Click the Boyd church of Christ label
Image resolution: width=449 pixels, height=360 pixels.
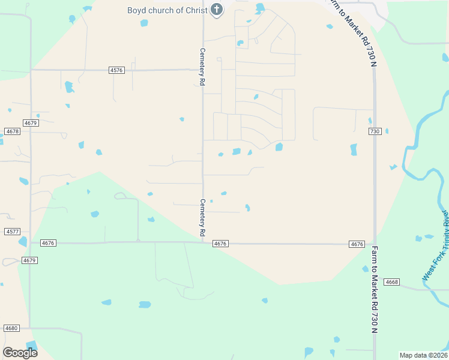point(167,10)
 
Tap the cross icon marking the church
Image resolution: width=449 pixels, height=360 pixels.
point(216,10)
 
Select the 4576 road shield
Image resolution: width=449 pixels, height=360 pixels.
point(116,70)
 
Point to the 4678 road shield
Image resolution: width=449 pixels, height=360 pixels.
point(12,131)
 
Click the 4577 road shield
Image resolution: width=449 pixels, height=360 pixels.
point(12,231)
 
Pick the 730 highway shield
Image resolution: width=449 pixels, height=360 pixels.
point(375,131)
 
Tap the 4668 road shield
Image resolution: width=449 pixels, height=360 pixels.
point(392,281)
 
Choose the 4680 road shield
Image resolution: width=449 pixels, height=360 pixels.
point(11,328)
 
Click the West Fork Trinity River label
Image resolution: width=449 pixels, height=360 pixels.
point(436,247)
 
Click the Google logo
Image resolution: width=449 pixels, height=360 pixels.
point(20,353)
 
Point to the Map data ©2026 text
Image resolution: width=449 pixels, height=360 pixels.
point(423,355)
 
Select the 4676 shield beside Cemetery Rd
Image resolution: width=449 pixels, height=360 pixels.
point(220,243)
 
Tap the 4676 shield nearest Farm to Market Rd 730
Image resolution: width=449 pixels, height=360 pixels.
point(357,244)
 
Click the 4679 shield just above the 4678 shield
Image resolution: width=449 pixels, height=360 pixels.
point(31,122)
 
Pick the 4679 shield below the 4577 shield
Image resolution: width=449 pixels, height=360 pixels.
point(29,260)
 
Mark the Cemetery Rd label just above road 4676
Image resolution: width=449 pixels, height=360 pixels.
point(203,217)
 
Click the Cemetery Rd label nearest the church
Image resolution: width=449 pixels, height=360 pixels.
point(203,67)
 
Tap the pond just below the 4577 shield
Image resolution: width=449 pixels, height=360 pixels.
point(23,242)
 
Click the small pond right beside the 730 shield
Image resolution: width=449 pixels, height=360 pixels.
point(387,131)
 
